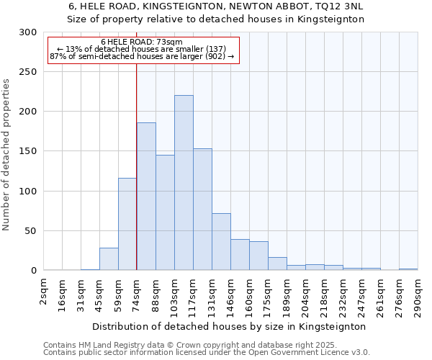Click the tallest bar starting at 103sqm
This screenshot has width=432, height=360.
184,183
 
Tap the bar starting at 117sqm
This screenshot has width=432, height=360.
202,210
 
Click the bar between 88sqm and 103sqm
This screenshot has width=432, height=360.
165,212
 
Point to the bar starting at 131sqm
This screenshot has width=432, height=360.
221,242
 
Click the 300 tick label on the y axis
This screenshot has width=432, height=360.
28,32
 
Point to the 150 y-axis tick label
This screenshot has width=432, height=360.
28,151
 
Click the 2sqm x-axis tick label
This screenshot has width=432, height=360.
44,289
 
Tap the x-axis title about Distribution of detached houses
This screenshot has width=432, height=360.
229,326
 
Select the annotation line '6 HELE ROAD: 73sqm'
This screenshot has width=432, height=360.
142,42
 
